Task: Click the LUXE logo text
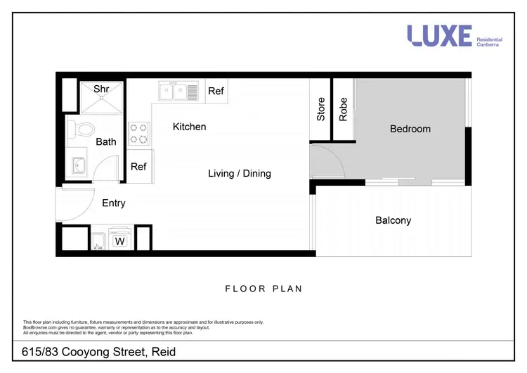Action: pyautogui.click(x=440, y=36)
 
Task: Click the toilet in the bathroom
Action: pyautogui.click(x=84, y=129)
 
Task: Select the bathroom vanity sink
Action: pyautogui.click(x=78, y=167)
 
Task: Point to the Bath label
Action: pyautogui.click(x=106, y=142)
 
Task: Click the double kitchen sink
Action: pyautogui.click(x=178, y=91)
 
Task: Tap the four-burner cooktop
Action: pyautogui.click(x=139, y=133)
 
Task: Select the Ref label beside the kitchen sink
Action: pyautogui.click(x=216, y=91)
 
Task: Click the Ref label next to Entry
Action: pyautogui.click(x=138, y=167)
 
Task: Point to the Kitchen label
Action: pyautogui.click(x=190, y=127)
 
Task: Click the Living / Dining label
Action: pyautogui.click(x=240, y=173)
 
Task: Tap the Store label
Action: pyautogui.click(x=321, y=109)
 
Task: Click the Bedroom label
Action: pyautogui.click(x=410, y=129)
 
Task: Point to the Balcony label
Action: pyautogui.click(x=393, y=220)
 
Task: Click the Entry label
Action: pyautogui.click(x=114, y=203)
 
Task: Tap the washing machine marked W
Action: pyautogui.click(x=119, y=239)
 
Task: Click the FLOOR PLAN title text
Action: pyautogui.click(x=263, y=289)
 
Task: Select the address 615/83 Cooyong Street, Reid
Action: pyautogui.click(x=98, y=351)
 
